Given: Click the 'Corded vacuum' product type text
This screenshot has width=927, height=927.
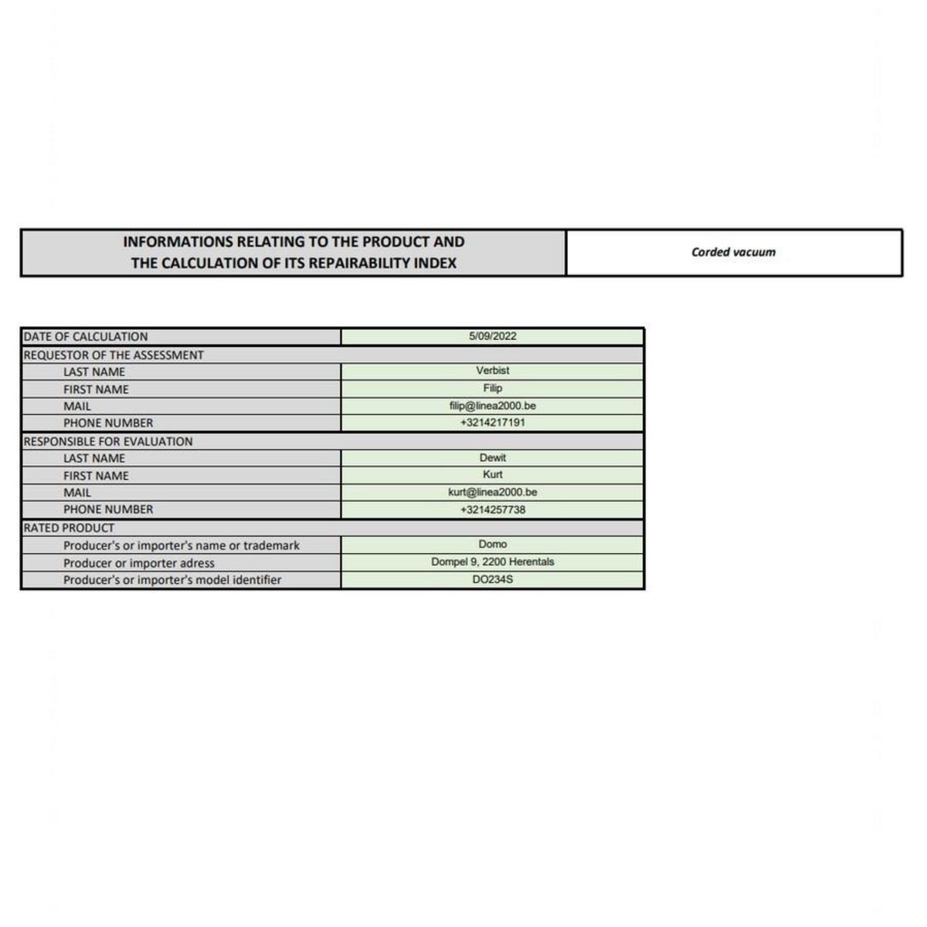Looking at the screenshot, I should (x=733, y=252).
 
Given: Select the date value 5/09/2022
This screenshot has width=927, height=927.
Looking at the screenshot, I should (x=492, y=336).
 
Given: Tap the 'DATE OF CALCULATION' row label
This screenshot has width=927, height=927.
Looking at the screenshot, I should (x=86, y=337).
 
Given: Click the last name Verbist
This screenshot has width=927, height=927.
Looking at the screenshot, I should (x=492, y=371).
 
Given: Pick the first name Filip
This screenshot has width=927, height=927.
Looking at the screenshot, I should (x=492, y=388).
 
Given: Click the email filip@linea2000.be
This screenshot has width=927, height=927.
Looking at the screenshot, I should (x=492, y=406).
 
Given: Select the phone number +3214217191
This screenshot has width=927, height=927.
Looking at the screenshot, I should (x=492, y=423).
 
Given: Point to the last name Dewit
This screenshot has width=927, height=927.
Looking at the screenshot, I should (x=492, y=457).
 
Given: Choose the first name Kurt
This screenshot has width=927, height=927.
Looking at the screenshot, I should (x=492, y=474).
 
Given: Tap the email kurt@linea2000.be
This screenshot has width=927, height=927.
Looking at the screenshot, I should (x=492, y=492).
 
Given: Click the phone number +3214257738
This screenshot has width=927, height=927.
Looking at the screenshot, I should (x=492, y=510).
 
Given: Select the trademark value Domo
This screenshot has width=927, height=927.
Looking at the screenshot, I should (x=492, y=544).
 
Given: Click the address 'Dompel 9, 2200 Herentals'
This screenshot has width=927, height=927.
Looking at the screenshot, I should (x=492, y=562).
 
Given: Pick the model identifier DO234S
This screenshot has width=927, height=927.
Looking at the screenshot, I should (x=492, y=579).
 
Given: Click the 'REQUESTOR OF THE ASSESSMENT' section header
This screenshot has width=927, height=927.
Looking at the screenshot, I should (x=114, y=355).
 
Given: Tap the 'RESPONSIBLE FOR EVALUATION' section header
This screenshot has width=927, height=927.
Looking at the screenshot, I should (x=108, y=442).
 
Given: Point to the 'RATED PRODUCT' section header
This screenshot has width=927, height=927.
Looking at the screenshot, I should (x=69, y=528).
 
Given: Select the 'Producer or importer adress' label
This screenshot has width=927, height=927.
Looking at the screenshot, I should (x=139, y=563).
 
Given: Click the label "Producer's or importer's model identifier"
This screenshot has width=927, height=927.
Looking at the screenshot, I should (x=172, y=580).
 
